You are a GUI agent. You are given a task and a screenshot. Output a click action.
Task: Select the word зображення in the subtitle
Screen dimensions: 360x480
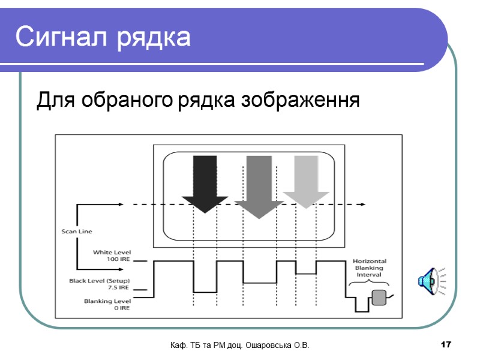(300, 100)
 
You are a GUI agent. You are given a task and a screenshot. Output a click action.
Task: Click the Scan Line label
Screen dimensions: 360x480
(77, 231)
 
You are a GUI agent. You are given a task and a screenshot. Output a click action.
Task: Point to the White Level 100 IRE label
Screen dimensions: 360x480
(111, 256)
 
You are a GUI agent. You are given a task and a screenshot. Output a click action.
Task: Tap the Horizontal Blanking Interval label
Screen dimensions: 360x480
(369, 268)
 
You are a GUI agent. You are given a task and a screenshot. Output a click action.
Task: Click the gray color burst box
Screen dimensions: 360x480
(379, 297)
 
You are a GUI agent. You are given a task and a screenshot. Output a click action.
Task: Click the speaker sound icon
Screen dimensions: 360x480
(431, 280)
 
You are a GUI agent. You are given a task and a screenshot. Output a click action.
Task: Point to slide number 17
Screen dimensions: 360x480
(445, 344)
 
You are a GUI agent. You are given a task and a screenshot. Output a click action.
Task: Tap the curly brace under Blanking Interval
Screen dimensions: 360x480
(369, 283)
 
